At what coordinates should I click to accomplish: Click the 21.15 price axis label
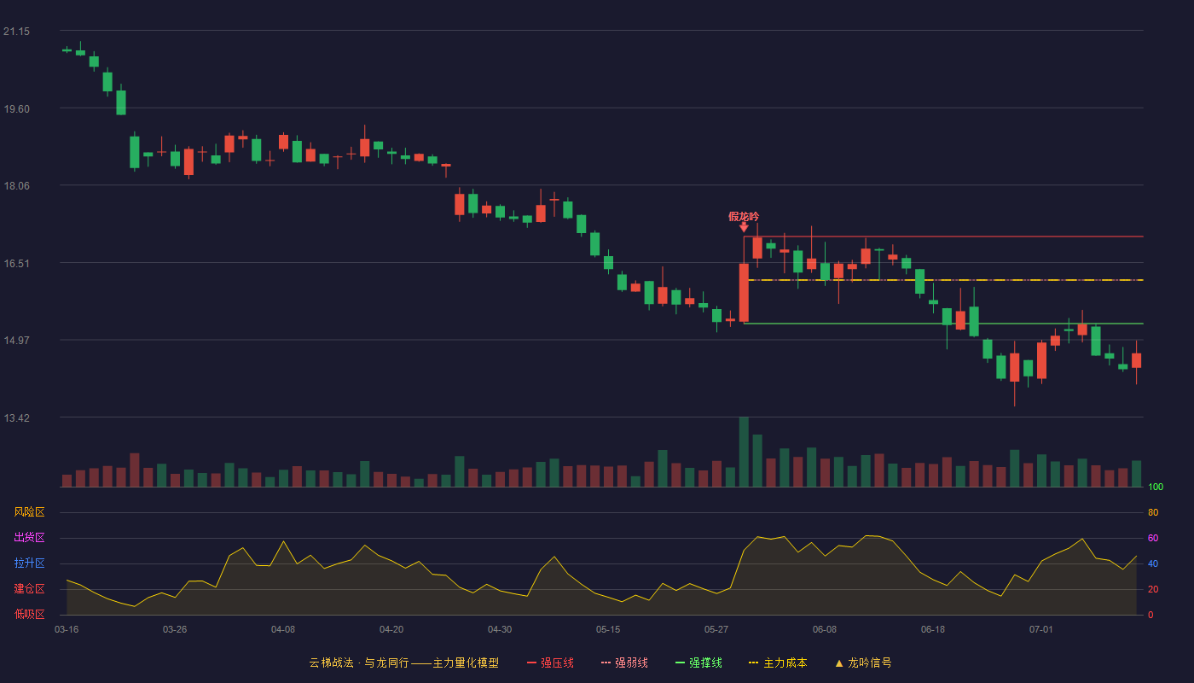[16, 32]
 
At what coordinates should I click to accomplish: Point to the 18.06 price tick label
[16, 186]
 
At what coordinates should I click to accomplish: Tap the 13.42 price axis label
[16, 417]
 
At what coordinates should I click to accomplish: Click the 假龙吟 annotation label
[744, 217]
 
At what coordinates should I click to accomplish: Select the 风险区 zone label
[29, 511]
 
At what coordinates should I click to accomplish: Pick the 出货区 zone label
[29, 537]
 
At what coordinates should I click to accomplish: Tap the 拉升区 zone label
[29, 563]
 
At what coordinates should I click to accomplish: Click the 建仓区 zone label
[29, 588]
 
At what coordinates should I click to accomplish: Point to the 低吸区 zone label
[29, 614]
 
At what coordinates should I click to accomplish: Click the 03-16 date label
[67, 630]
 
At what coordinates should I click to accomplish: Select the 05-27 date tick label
[716, 630]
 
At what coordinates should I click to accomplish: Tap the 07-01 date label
[1041, 630]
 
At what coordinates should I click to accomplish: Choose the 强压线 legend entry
[550, 663]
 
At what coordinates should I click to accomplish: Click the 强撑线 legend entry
[698, 663]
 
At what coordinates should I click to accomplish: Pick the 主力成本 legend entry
[778, 663]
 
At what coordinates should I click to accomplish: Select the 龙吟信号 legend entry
[863, 663]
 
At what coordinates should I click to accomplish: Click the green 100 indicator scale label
[1156, 487]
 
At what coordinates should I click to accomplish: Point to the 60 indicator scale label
[1153, 538]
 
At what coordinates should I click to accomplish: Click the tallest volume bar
[744, 452]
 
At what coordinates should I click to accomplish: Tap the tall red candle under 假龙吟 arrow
[744, 293]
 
